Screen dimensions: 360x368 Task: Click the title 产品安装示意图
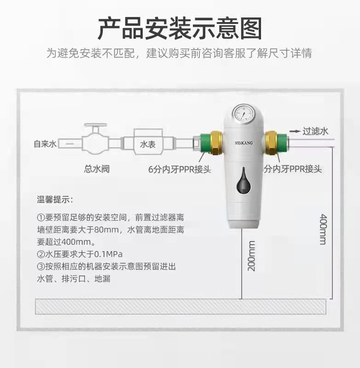(x=180, y=29)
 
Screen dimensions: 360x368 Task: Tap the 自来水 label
(x=45, y=144)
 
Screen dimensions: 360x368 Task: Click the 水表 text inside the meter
(x=148, y=144)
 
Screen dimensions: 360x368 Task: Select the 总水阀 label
(x=97, y=169)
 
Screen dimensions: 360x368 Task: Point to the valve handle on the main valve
(x=96, y=126)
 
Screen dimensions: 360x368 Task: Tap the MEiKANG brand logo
(x=244, y=143)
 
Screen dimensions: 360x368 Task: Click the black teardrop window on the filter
(x=244, y=181)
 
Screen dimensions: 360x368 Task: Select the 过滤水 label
(x=315, y=131)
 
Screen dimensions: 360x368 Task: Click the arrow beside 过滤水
(x=295, y=131)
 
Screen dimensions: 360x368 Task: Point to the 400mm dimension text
(x=324, y=229)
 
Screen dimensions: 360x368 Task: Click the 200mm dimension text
(x=251, y=256)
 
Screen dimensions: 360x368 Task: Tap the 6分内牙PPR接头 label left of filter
(x=180, y=169)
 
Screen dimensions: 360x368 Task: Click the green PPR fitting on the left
(x=205, y=143)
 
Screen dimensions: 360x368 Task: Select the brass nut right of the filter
(x=271, y=143)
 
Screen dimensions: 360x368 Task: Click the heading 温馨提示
(x=55, y=200)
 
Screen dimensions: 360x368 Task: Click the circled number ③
(x=41, y=266)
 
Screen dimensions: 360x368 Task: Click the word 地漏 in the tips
(x=102, y=279)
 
